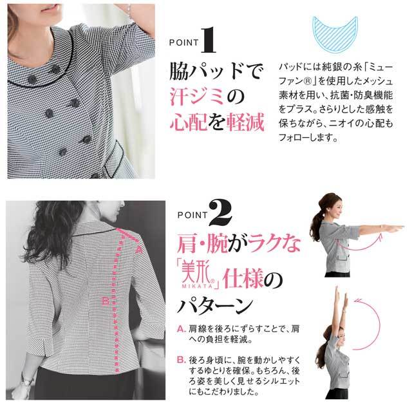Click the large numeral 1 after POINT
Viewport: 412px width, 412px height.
point(209,40)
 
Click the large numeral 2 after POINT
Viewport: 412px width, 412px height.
point(220,212)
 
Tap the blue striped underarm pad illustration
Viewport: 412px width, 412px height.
point(335,33)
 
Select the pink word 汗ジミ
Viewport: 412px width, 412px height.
point(197,96)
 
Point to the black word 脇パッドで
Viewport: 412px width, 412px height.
point(216,70)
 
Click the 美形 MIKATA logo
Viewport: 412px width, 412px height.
point(199,276)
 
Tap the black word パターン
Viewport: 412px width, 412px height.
point(215,305)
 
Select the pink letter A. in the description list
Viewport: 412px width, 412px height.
point(182,329)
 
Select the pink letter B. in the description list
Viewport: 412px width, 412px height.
point(182,360)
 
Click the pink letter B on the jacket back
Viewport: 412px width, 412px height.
point(106,301)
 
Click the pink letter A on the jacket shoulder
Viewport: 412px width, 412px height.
point(139,250)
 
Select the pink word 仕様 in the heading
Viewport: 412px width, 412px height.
point(243,279)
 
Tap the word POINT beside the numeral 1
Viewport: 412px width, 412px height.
point(184,42)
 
